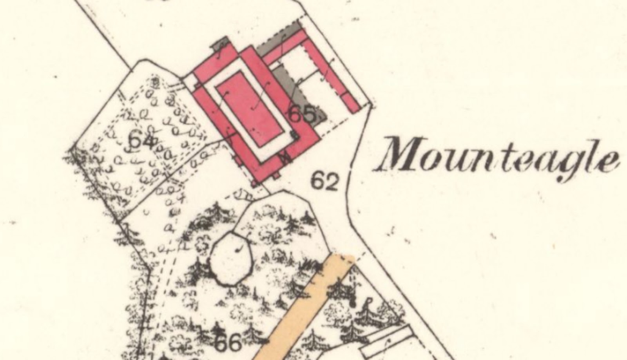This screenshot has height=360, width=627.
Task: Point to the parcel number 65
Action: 302,115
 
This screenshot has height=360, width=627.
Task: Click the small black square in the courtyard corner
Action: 293,135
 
